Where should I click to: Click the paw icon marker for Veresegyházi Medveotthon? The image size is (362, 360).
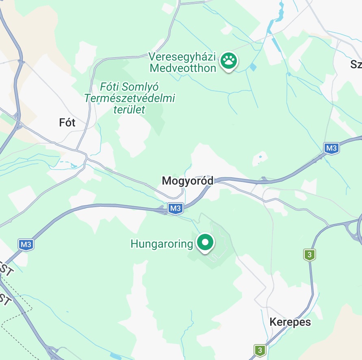(x=229, y=61)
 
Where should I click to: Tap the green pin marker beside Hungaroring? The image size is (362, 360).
(x=206, y=242)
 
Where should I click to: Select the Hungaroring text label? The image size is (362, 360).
(x=162, y=244)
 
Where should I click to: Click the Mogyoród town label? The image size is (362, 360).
(x=187, y=181)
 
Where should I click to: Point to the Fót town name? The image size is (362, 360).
(x=67, y=122)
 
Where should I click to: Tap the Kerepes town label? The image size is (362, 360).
(x=290, y=322)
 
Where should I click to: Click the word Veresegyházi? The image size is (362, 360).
(x=183, y=57)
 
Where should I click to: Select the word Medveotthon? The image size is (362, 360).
(x=183, y=68)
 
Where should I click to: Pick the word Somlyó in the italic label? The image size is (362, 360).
(x=140, y=87)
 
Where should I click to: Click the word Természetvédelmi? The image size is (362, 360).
(x=130, y=98)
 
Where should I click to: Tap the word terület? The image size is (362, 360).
(x=129, y=109)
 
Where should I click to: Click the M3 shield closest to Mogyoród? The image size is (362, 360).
(x=175, y=209)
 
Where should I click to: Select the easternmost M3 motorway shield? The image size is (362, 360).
(x=331, y=148)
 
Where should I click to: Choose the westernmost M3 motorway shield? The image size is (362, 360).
(x=26, y=244)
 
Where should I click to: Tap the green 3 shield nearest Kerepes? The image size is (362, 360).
(x=260, y=349)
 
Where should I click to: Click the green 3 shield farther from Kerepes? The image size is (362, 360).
(x=310, y=255)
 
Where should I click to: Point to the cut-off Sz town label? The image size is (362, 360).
(x=356, y=64)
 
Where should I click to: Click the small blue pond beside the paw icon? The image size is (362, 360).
(x=254, y=67)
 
